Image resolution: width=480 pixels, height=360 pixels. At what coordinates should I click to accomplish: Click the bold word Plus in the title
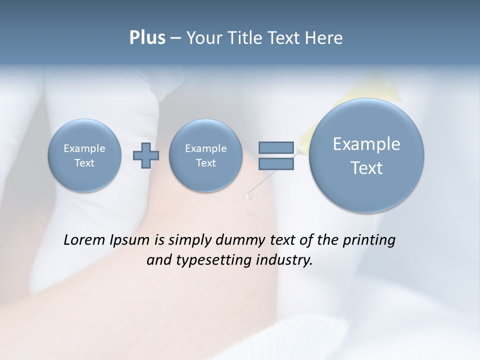point(147,38)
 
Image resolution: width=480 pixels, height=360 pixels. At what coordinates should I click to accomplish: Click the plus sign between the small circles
point(146,155)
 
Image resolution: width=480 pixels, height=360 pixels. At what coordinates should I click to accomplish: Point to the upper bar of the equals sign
point(276,147)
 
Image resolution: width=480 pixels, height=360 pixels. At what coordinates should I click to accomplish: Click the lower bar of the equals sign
point(276,163)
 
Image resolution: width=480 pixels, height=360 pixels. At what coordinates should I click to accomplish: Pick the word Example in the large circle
point(366,144)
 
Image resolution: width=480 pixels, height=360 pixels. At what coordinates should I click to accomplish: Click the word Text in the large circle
point(366,168)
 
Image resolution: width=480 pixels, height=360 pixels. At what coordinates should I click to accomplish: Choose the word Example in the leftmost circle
point(84,148)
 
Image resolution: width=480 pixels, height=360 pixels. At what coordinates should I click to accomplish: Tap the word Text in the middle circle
point(205,163)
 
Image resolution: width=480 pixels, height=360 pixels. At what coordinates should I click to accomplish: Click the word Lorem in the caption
point(84,240)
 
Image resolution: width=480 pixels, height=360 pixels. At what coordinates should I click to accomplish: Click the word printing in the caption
point(369,240)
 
